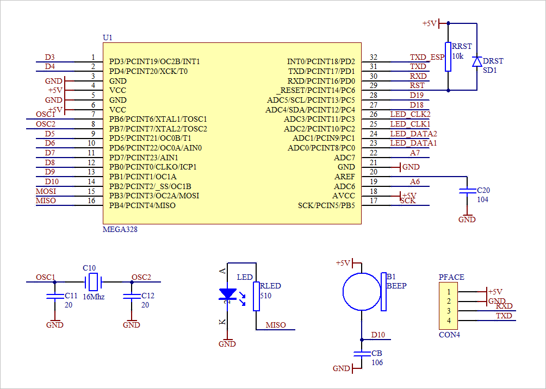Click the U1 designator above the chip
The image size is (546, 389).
coord(107,37)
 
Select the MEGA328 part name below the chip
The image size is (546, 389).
coord(120,230)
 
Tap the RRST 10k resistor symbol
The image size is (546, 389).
coord(448,57)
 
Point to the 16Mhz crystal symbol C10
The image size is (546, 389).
coord(94,282)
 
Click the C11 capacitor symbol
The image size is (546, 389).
coord(53,296)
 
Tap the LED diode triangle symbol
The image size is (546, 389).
coord(227,294)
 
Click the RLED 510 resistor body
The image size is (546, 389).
coord(256,296)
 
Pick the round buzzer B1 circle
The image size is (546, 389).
coord(361,292)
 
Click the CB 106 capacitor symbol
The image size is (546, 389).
coord(361,354)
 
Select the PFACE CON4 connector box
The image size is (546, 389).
coord(449,305)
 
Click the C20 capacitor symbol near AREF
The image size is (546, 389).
coord(467,191)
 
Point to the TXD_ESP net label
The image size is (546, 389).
coord(427,57)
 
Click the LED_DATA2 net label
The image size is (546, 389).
coord(413,134)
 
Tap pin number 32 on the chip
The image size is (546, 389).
coord(373,57)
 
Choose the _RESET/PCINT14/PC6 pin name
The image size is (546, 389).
coord(318,90)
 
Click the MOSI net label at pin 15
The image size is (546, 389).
coord(46,191)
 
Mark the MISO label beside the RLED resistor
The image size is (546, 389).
coord(276,325)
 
